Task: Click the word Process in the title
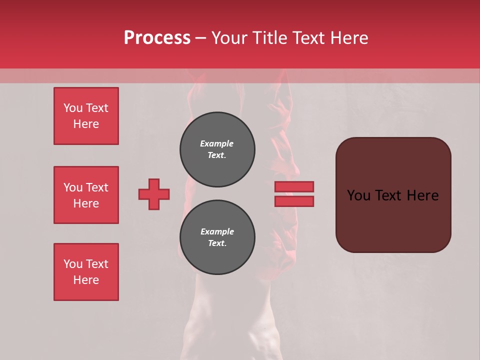157,38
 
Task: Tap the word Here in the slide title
348,38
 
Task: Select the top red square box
86,116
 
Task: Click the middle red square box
86,195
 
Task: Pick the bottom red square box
86,272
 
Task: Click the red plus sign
154,194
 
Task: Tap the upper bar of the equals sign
294,186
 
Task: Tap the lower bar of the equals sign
294,201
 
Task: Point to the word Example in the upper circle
217,143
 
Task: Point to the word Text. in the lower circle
217,243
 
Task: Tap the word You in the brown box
359,195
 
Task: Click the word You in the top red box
73,108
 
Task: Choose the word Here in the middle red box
86,203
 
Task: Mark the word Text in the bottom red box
96,264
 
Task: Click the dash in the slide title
200,38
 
